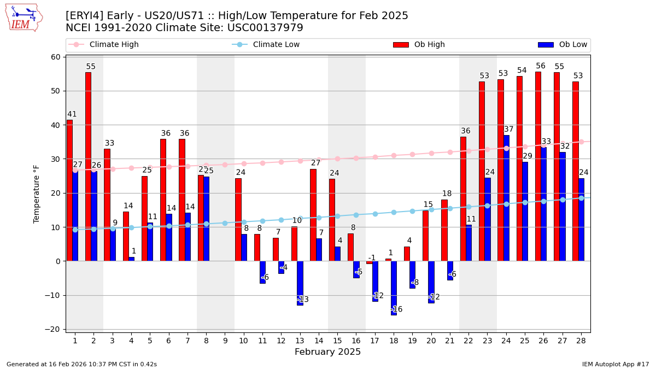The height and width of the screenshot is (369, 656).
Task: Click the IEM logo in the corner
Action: point(24,17)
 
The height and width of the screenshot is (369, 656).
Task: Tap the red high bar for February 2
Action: point(88,167)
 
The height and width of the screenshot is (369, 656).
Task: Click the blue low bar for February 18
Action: point(394,288)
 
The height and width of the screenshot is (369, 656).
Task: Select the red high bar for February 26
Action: point(538,166)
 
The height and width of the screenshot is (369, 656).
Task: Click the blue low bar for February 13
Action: point(300,283)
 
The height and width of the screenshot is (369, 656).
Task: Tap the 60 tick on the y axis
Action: point(56,57)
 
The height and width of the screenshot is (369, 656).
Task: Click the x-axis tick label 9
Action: point(225,341)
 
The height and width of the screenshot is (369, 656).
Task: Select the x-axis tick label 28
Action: point(581,341)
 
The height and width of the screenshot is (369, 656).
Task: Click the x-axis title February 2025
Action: point(327,352)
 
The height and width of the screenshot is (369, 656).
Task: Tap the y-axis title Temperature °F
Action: point(37,194)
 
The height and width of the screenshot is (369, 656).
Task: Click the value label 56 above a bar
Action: point(541,66)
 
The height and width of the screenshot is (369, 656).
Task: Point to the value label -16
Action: point(397,309)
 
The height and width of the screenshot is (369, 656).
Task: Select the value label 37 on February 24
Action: point(509,130)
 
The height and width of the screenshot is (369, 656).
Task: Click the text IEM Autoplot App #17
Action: point(615,364)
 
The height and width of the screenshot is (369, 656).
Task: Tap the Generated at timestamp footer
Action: point(81,364)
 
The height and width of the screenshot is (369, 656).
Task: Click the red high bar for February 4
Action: point(126,236)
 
